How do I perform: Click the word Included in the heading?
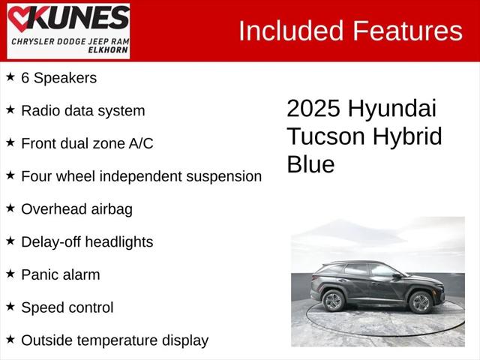[x=290, y=31]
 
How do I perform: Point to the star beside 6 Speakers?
[x=10, y=76]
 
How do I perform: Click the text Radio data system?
[x=82, y=110]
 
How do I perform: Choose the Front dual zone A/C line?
[x=87, y=143]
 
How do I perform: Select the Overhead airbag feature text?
[x=76, y=209]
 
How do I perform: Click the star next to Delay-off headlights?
[x=10, y=241]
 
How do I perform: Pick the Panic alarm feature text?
[x=60, y=274]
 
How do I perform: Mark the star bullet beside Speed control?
[x=10, y=306]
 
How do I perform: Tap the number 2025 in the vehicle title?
[x=313, y=109]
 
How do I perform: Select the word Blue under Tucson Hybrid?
[x=310, y=164]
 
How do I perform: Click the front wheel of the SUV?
[x=420, y=302]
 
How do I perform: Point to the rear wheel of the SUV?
[x=333, y=301]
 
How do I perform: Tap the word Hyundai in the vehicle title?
[x=392, y=109]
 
